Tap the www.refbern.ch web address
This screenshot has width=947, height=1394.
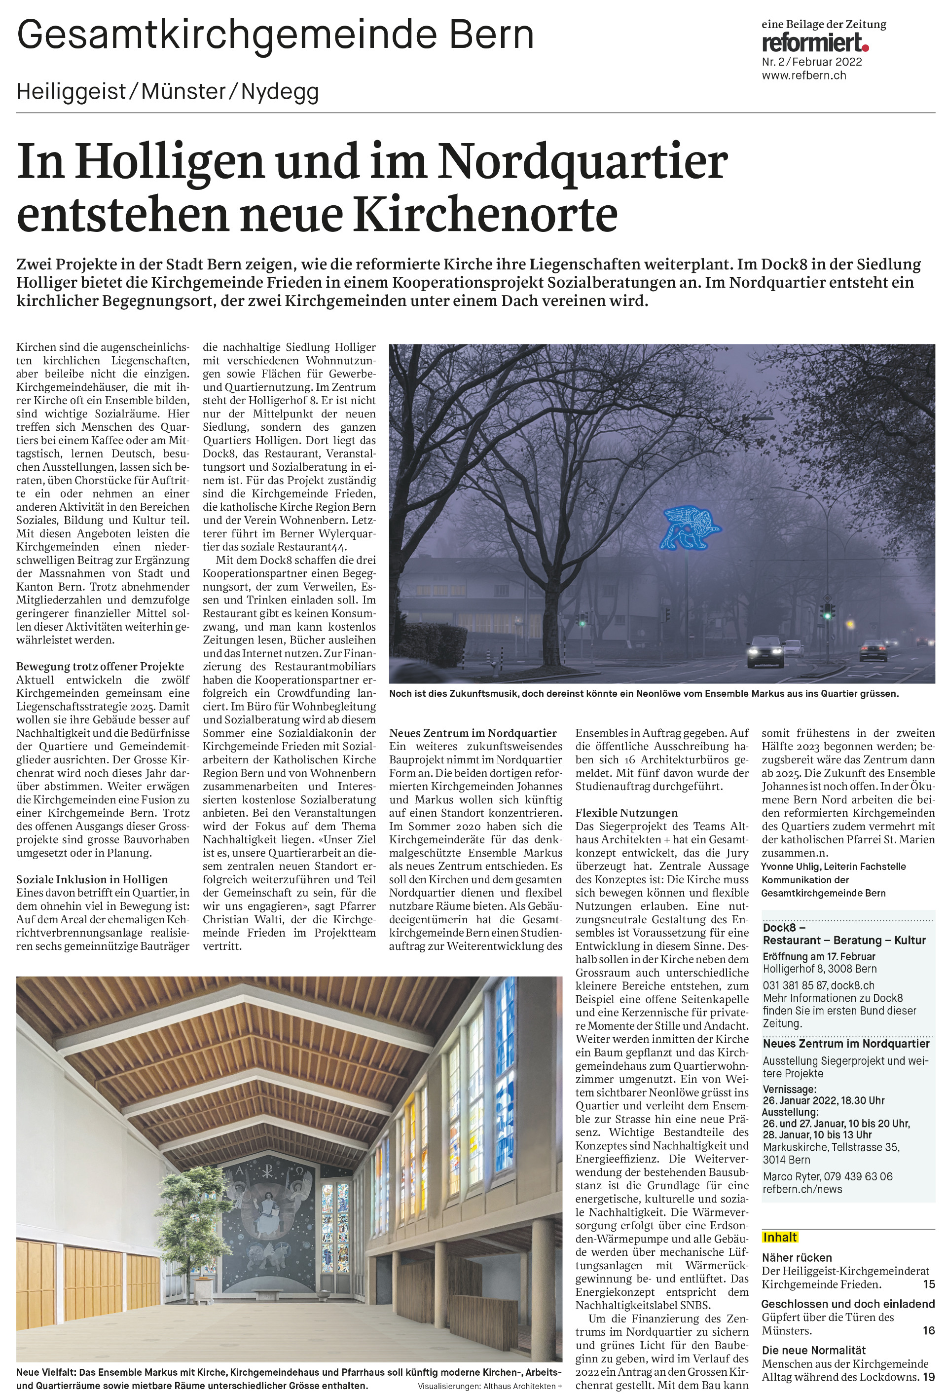pyautogui.click(x=803, y=75)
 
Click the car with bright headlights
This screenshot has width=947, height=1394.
pyautogui.click(x=764, y=653)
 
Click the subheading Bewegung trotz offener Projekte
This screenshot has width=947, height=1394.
pyautogui.click(x=100, y=667)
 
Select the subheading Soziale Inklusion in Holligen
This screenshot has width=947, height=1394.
pyautogui.click(x=92, y=879)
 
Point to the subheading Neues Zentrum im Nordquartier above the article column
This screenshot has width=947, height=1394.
pyautogui.click(x=473, y=733)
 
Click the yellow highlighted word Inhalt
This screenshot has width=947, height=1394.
pyautogui.click(x=780, y=1237)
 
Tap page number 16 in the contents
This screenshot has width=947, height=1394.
pyautogui.click(x=928, y=1330)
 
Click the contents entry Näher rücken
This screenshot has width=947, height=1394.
pyautogui.click(x=797, y=1257)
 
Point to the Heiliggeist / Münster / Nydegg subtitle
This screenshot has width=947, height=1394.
pyautogui.click(x=167, y=92)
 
